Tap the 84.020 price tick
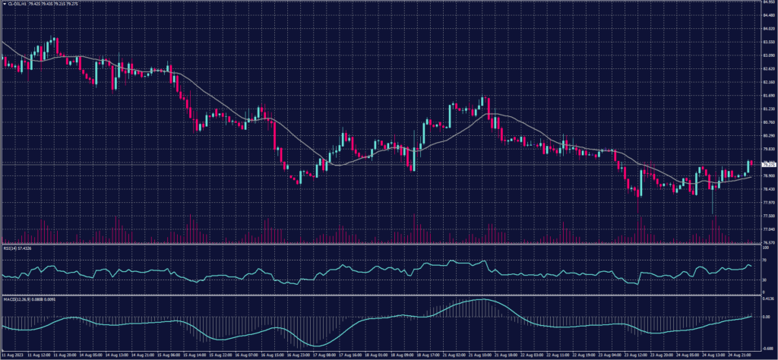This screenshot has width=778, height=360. pos(768,29)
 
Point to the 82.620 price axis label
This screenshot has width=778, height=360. pos(768,68)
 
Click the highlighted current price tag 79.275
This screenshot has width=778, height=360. pos(768,164)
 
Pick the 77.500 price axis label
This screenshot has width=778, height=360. pos(768,216)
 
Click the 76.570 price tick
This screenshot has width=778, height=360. pos(768,242)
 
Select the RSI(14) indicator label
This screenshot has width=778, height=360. pos(15,248)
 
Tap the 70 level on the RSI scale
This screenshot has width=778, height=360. pos(764,261)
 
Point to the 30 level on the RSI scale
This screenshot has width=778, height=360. pos(764,279)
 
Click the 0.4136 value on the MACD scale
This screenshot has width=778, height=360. pos(767,300)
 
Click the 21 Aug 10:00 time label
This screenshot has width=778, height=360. pos(483,355)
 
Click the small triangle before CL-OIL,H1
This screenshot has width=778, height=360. pos(3,3)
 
